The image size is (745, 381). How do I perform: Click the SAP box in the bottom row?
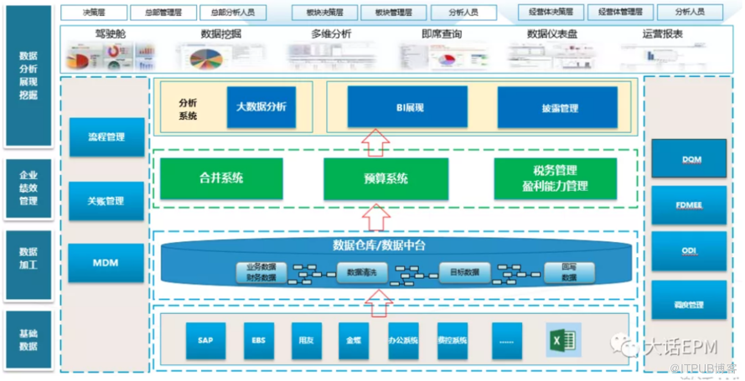(206, 340)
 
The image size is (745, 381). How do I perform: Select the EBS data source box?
(257, 340)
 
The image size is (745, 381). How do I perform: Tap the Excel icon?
(561, 340)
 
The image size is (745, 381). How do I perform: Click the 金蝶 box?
(354, 340)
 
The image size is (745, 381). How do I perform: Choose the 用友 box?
(306, 340)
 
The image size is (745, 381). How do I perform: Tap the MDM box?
(106, 262)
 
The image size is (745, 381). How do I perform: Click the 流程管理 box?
(106, 137)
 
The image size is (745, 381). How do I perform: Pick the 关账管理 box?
(106, 200)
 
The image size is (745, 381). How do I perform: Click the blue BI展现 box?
(407, 107)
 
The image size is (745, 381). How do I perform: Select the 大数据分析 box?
(261, 106)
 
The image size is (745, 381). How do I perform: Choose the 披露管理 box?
(557, 107)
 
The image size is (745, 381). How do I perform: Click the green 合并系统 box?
(221, 178)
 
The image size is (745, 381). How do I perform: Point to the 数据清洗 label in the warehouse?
(361, 272)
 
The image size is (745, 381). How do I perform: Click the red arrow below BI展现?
(376, 142)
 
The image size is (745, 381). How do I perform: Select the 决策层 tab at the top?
(93, 13)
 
